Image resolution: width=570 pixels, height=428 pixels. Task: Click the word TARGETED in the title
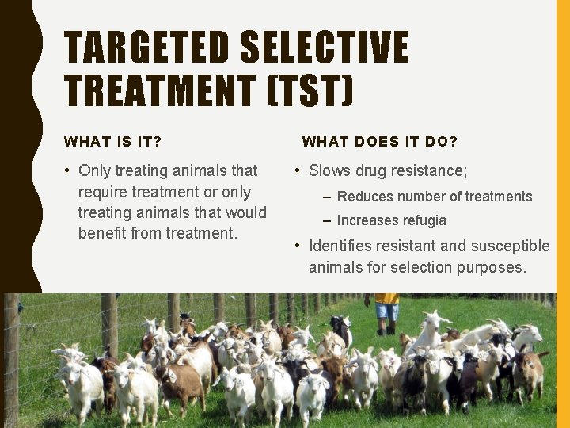(x=146, y=48)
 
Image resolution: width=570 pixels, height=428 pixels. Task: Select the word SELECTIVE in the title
(x=324, y=48)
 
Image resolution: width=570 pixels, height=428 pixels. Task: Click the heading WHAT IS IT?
(x=112, y=142)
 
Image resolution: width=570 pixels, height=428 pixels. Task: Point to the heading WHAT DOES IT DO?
(x=380, y=142)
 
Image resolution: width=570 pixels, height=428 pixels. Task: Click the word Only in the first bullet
(x=94, y=170)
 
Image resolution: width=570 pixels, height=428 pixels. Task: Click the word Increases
(x=369, y=220)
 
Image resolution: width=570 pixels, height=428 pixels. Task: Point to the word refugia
(x=425, y=220)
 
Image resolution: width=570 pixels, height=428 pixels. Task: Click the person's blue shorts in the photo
(x=387, y=311)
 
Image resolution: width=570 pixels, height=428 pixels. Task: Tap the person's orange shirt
(x=387, y=298)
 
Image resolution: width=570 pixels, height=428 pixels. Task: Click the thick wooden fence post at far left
(x=11, y=357)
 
